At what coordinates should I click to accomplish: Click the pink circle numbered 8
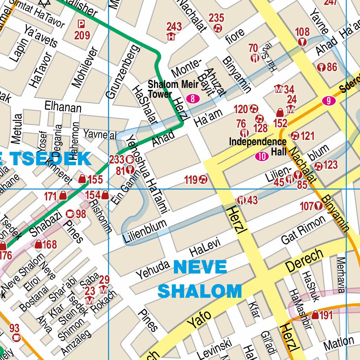click(193, 99)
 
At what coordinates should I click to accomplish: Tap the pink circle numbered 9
click(328, 101)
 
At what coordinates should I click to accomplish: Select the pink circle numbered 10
click(262, 157)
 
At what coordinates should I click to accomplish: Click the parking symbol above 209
click(81, 24)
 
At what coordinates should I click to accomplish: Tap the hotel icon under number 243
click(171, 36)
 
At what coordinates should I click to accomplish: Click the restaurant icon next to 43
click(242, 200)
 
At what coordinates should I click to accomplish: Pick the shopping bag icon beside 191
click(315, 315)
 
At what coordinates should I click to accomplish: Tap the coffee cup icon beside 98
click(70, 213)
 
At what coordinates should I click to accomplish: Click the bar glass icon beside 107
click(319, 206)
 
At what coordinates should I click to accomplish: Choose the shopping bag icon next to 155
click(82, 179)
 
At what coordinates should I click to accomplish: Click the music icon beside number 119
click(203, 180)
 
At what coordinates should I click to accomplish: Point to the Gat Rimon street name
click(303, 230)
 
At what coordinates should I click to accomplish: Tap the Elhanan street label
click(63, 107)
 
